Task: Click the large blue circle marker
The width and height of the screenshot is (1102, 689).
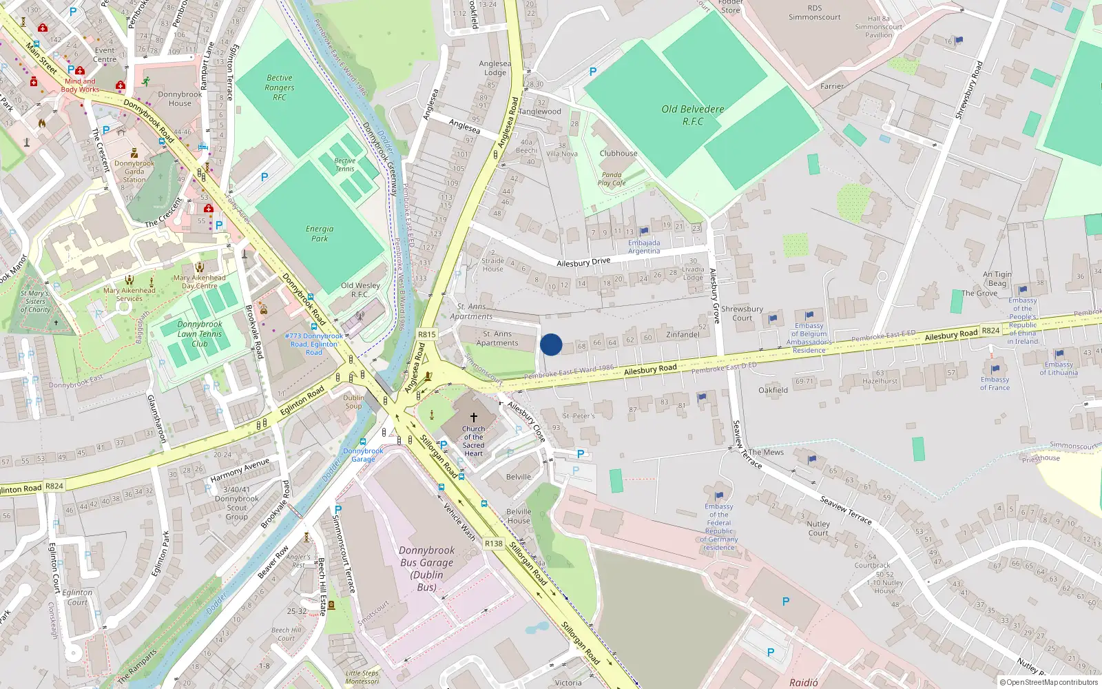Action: click(x=551, y=344)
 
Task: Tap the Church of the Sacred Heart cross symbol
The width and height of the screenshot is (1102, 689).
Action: click(x=474, y=418)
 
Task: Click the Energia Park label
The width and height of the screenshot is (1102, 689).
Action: click(x=320, y=234)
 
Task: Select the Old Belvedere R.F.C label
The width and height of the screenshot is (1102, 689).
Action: click(x=693, y=115)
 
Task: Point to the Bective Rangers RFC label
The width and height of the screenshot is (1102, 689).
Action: click(x=280, y=88)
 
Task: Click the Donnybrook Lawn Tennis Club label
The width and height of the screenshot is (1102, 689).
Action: click(x=200, y=333)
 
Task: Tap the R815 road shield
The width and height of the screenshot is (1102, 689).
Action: click(x=427, y=334)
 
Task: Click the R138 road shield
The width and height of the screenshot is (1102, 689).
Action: click(x=494, y=544)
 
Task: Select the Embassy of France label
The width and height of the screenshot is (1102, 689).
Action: click(x=995, y=384)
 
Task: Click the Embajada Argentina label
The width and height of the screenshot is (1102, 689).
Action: click(x=644, y=247)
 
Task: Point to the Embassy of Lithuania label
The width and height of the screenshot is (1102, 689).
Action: click(x=1059, y=369)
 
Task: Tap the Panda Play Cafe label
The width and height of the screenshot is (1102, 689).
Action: click(x=612, y=179)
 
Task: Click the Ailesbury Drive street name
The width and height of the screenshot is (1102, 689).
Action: click(x=583, y=262)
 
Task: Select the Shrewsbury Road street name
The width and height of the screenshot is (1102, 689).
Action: click(x=968, y=90)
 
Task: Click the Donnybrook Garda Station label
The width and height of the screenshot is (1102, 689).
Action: click(x=134, y=172)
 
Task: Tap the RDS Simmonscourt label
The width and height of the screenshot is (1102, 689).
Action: click(x=815, y=13)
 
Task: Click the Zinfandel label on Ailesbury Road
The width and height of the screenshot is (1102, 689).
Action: click(x=683, y=335)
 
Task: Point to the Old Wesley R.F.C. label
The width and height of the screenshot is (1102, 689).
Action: click(x=360, y=289)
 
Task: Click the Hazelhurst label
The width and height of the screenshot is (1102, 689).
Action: click(x=880, y=381)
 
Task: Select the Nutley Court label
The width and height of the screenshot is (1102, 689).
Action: click(x=818, y=528)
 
